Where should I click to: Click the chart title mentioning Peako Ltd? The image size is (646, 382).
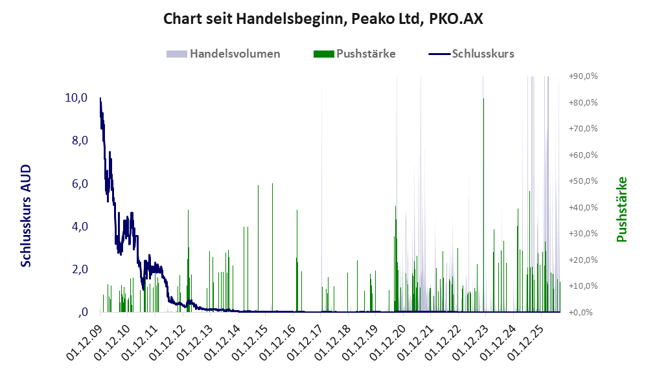[323, 19]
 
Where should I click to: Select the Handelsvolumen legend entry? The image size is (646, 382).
[224, 54]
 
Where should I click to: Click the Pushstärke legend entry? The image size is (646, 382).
[354, 54]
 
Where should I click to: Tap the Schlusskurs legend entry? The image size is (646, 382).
[471, 54]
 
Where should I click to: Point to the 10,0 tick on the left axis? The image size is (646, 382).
[76, 98]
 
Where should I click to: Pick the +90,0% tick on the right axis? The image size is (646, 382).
[583, 76]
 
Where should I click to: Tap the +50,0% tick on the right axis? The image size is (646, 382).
[583, 181]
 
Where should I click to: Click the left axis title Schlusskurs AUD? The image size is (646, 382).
[26, 216]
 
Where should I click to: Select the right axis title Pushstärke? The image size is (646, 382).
[621, 210]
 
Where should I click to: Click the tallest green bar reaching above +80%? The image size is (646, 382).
[483, 205]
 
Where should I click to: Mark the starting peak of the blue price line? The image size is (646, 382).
[100, 98]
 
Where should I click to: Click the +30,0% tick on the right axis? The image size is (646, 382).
[583, 233]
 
